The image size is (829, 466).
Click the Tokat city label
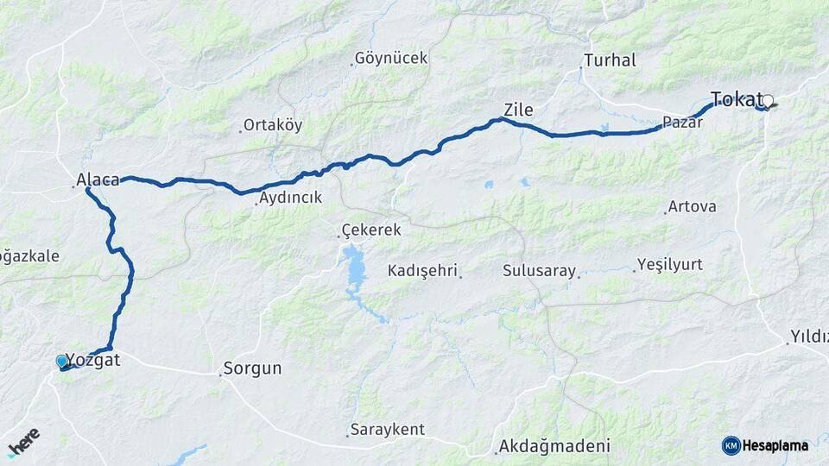[736, 98]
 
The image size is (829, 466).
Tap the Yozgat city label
[94, 361]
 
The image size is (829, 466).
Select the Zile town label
[518, 110]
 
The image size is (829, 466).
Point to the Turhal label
[610, 60]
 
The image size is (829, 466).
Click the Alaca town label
[98, 179]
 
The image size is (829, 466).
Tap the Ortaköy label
[273, 125]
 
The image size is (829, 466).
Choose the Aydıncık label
[290, 198]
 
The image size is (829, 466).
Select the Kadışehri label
[421, 270]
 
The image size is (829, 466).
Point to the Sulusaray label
[539, 271]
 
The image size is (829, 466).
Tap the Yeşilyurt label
[670, 264]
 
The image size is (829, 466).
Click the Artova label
[693, 207]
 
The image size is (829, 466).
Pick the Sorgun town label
[252, 368]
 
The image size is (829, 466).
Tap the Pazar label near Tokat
[683, 123]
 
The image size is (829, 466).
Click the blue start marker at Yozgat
[61, 361]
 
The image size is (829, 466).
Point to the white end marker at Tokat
[767, 101]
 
